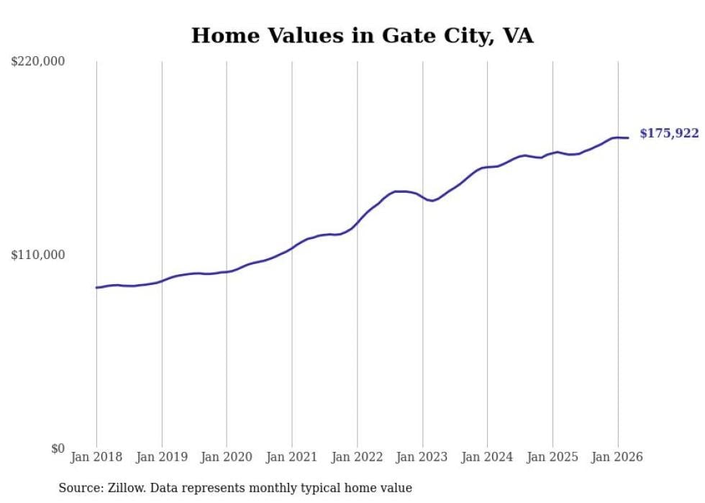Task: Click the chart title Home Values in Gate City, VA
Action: tap(362, 35)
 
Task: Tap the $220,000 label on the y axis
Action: tap(38, 62)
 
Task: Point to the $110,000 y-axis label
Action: tap(38, 255)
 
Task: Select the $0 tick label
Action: tap(58, 448)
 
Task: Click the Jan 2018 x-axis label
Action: tap(96, 457)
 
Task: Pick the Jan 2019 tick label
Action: tap(162, 457)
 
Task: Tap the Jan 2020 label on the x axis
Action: tap(227, 457)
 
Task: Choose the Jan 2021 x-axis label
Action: tap(292, 457)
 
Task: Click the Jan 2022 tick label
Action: tap(358, 457)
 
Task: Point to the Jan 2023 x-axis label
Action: tap(422, 457)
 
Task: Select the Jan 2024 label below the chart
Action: tap(488, 457)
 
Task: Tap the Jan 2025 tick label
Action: tap(552, 457)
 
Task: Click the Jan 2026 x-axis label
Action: tap(618, 457)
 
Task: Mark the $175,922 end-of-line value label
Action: tap(669, 133)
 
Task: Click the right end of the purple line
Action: tap(628, 137)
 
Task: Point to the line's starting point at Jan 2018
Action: tap(96, 287)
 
